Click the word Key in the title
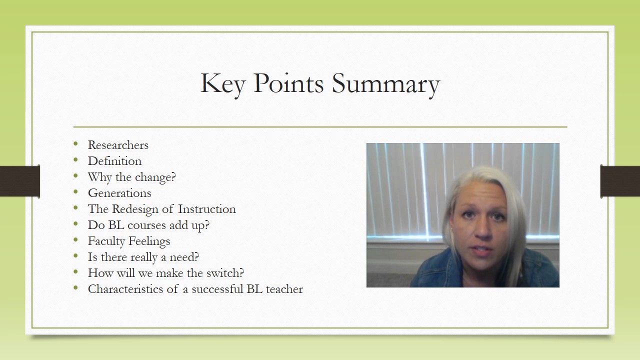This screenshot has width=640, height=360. (222, 83)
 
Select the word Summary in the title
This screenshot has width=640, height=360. (386, 84)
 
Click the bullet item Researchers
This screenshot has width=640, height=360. (118, 145)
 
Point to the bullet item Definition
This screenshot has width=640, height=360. (114, 161)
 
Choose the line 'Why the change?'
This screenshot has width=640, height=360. (132, 177)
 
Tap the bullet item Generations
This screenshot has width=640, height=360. (119, 193)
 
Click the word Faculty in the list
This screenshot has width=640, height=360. (106, 241)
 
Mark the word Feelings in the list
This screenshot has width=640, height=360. (149, 241)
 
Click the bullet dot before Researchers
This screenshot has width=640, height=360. (75, 144)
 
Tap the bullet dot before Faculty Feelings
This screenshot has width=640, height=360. (75, 240)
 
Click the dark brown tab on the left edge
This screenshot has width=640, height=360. (19, 180)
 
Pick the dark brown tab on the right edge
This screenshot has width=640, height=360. (620, 180)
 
